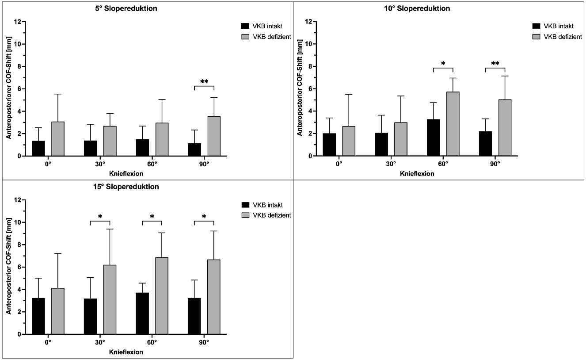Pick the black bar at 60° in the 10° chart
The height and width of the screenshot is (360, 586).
(x=434, y=138)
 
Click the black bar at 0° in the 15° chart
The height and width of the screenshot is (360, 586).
(x=38, y=316)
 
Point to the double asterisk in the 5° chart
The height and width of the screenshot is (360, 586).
(x=204, y=82)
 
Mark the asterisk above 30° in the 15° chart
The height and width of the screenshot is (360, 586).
(x=100, y=217)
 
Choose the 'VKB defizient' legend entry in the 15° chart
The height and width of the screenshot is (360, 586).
(x=270, y=215)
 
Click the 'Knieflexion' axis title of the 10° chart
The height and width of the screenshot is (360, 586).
(x=417, y=174)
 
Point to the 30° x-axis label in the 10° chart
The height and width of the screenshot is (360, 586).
(x=391, y=164)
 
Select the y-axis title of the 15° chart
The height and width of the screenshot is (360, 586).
(x=8, y=267)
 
